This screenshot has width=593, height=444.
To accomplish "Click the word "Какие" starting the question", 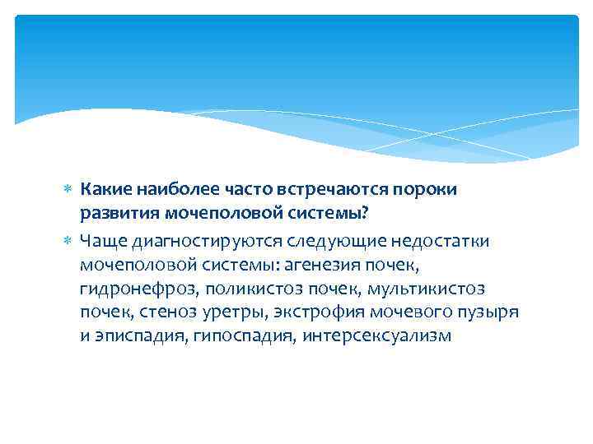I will click(x=103, y=190).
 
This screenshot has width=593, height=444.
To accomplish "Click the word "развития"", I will click(x=114, y=215).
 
